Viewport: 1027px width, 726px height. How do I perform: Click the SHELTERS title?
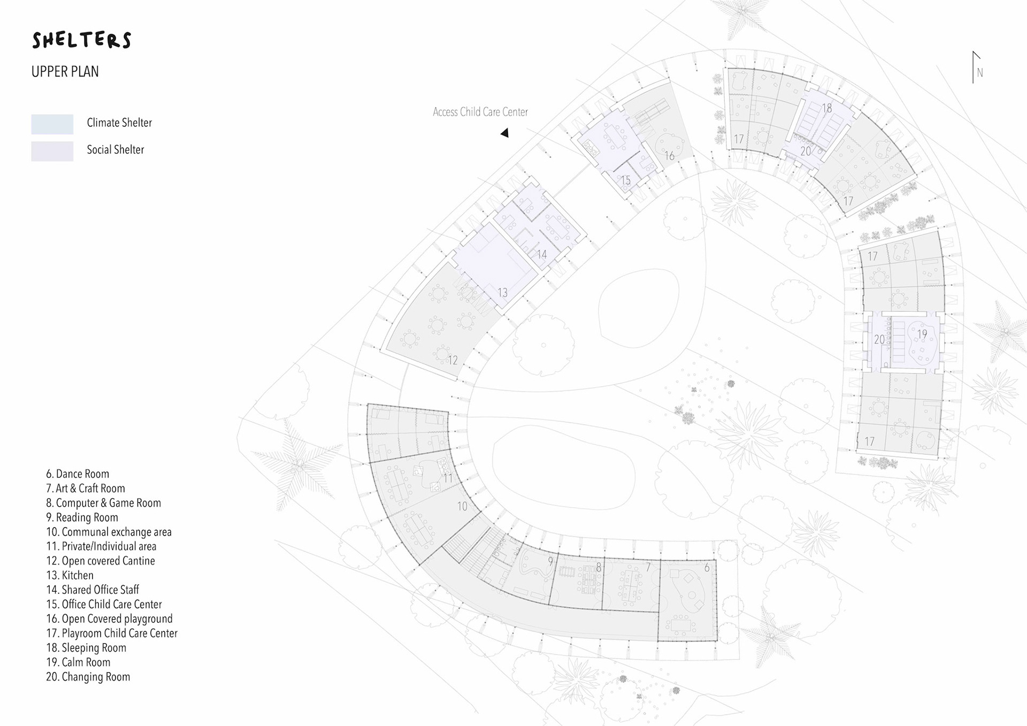(81, 40)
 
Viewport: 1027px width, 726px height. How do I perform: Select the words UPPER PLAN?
(65, 72)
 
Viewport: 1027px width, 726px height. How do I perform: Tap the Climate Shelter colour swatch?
(52, 124)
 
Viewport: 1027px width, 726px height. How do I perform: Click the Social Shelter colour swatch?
(52, 151)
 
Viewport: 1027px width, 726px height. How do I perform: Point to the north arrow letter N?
(979, 73)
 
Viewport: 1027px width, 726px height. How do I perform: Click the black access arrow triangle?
(504, 133)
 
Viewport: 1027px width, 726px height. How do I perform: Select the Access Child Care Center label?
(480, 112)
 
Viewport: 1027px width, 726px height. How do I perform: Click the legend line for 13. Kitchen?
(70, 575)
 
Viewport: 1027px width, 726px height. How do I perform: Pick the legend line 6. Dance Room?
(77, 473)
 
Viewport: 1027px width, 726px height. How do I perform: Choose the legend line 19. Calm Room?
(78, 662)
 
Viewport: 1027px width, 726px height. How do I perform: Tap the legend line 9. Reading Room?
(82, 517)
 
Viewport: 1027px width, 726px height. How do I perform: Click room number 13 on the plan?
(502, 293)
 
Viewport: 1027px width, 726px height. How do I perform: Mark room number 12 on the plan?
(453, 360)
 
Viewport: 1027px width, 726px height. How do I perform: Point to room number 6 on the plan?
(707, 568)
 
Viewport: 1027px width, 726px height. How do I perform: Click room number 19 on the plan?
(922, 334)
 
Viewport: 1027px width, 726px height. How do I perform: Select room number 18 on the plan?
(827, 108)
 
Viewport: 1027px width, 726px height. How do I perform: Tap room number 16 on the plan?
(669, 156)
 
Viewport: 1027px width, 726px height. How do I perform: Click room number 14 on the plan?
(542, 254)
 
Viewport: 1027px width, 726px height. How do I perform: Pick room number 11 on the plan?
(448, 478)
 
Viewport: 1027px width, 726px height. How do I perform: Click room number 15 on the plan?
(625, 180)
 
